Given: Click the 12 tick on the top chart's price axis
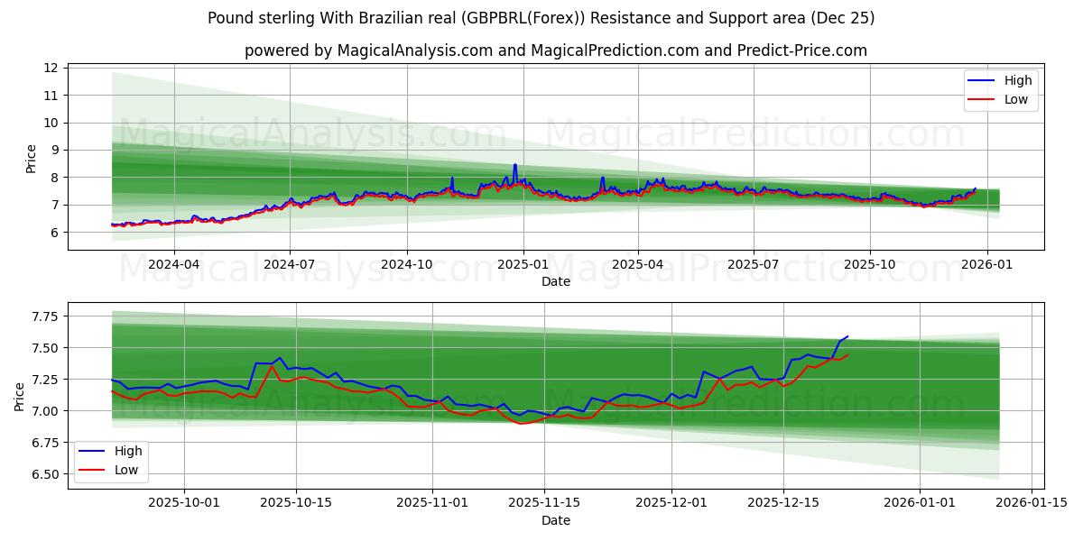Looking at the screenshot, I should click(51, 68).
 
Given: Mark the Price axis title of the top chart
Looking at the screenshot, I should click(31, 158).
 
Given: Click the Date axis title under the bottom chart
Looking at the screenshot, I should click(556, 520).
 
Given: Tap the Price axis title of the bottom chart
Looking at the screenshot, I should click(20, 396).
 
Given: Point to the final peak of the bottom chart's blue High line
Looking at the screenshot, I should click(847, 336).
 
